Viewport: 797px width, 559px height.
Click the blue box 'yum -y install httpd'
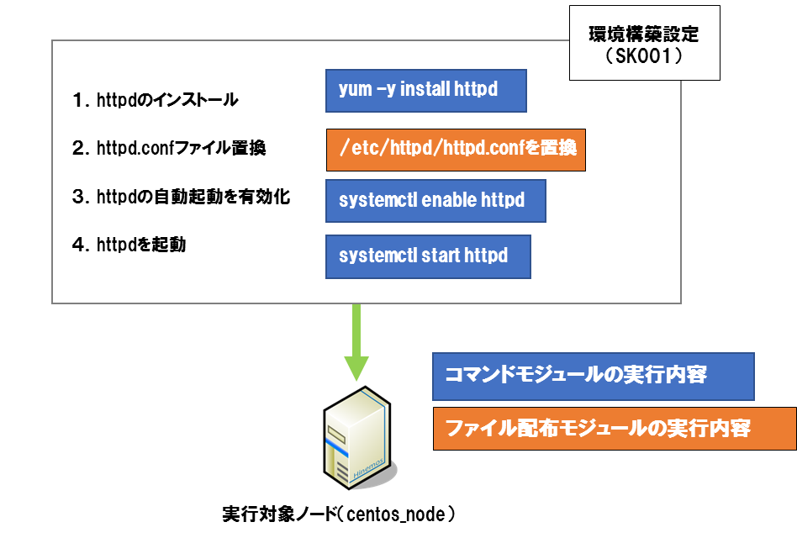point(426,91)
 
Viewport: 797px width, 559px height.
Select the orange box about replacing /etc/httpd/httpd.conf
point(456,150)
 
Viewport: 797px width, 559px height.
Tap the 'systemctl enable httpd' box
point(435,201)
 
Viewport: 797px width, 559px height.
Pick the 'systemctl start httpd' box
point(428,256)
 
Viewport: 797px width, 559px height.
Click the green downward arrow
point(356,341)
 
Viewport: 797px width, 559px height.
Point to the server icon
point(359,438)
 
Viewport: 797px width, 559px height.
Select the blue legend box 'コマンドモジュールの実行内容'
point(594,377)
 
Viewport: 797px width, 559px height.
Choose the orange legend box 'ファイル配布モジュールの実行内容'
point(615,429)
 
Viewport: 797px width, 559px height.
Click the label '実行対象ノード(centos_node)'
point(339,514)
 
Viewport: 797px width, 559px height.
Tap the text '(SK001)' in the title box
point(644,55)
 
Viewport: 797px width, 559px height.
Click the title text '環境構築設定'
point(643,34)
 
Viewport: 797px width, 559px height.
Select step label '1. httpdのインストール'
point(155,99)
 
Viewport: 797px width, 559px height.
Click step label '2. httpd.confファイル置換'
point(169,148)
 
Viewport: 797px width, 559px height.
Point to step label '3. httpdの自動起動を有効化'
point(181,197)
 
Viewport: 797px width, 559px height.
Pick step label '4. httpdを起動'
point(129,245)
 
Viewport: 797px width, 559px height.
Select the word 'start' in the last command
point(441,255)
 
